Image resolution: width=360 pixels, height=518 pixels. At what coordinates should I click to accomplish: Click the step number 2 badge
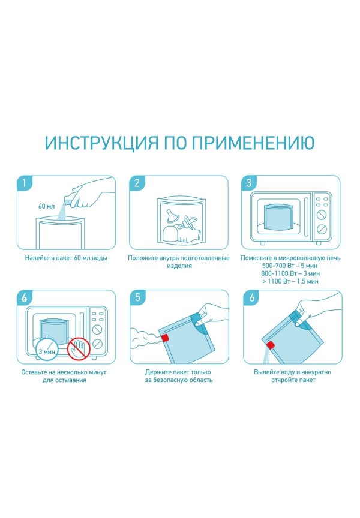137,183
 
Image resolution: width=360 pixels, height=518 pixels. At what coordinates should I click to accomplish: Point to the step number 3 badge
249,183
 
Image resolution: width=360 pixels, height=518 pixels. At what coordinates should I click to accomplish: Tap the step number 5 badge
137,297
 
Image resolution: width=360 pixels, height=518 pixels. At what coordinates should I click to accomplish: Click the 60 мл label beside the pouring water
46,206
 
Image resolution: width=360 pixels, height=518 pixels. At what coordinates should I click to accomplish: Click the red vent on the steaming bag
165,338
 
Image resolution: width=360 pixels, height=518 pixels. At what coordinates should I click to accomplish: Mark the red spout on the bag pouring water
271,345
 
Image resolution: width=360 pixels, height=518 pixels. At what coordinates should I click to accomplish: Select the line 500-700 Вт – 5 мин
290,266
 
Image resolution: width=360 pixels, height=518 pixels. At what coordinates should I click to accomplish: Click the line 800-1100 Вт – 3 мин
290,273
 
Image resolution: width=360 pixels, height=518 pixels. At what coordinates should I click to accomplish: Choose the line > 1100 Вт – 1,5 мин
290,281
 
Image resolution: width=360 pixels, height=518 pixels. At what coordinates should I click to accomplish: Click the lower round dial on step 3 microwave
322,228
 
